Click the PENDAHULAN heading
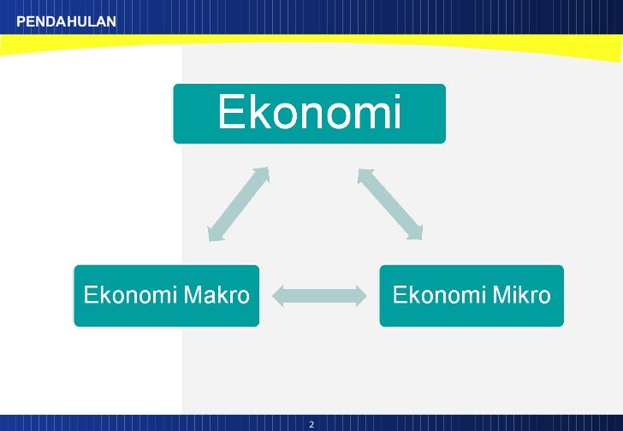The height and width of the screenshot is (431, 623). point(66,21)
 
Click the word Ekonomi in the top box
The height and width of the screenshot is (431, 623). point(309,113)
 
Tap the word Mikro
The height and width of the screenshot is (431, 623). point(520,296)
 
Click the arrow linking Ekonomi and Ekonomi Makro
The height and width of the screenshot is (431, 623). point(238,204)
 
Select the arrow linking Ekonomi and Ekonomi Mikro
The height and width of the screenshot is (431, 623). point(390,203)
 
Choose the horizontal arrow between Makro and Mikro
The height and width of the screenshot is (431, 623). point(318,296)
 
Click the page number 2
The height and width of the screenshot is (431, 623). point(311,424)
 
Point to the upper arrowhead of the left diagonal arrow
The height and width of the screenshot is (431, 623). point(262,174)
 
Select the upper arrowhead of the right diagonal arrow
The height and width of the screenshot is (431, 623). point(365,175)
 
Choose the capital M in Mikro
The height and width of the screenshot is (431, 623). point(497,296)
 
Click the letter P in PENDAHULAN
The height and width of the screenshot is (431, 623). point(21,21)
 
